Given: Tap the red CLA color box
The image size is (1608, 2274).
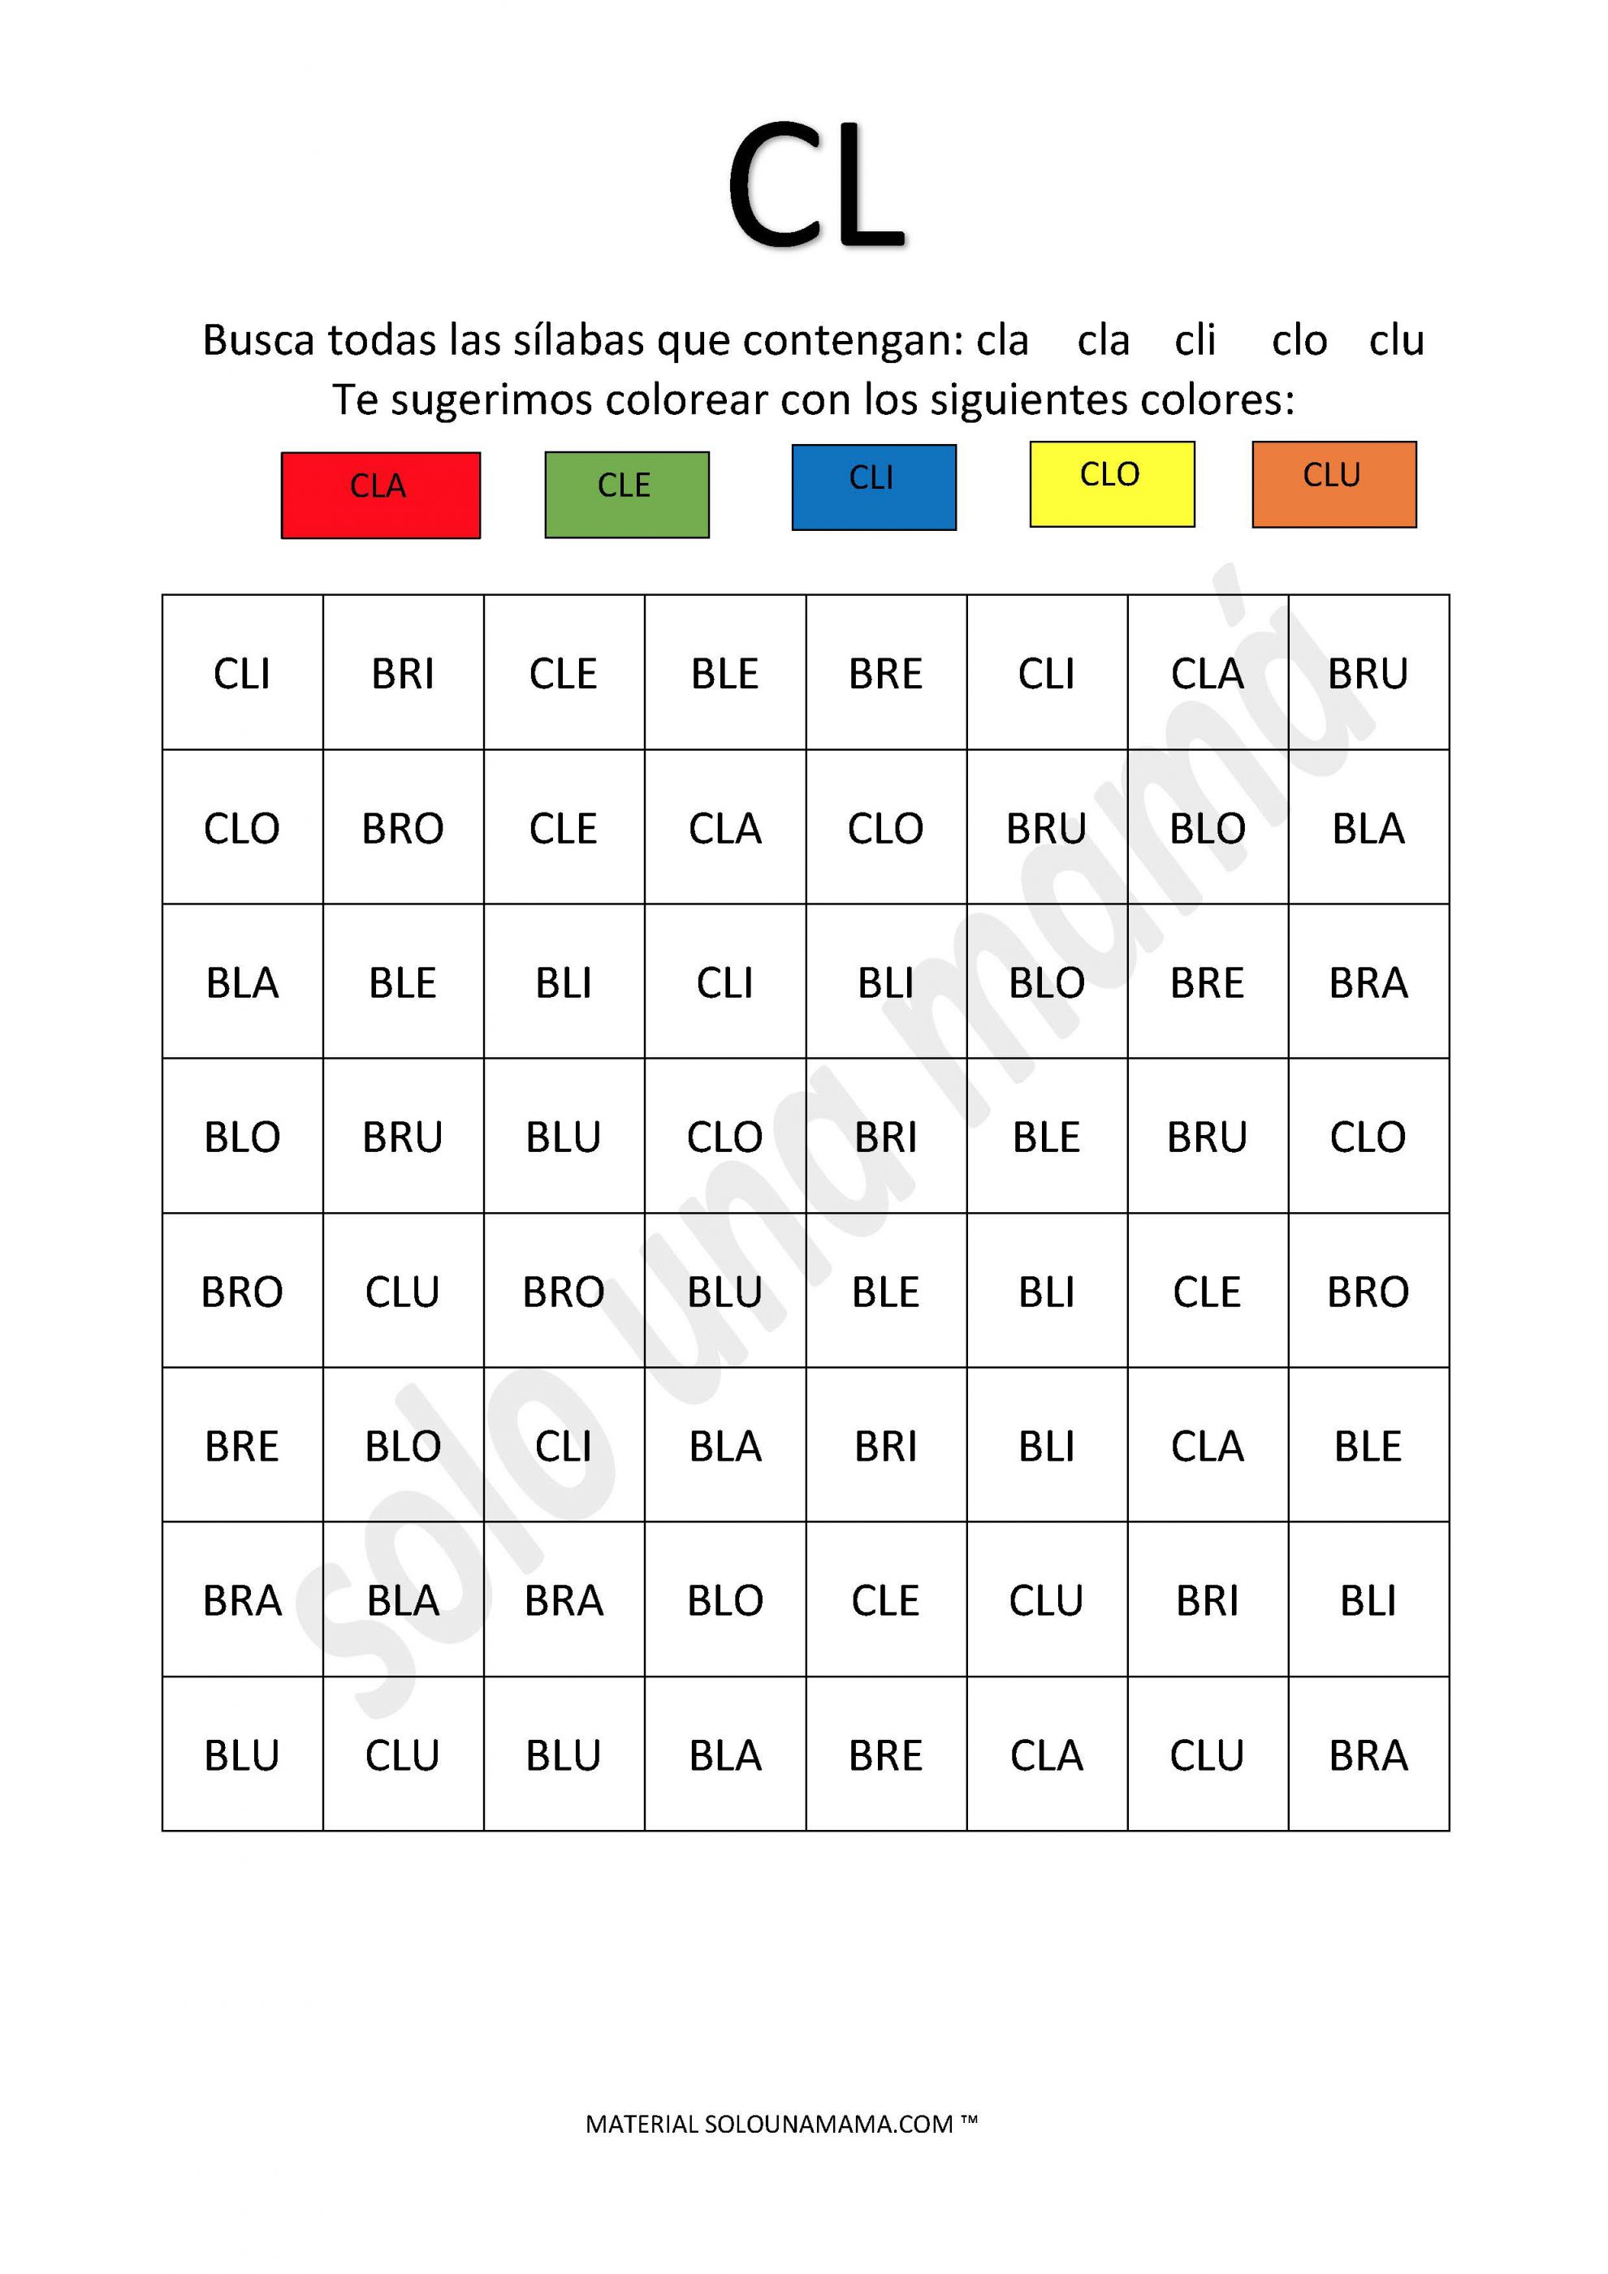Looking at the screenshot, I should click(380, 495).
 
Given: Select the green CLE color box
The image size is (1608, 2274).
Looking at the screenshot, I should click(626, 494).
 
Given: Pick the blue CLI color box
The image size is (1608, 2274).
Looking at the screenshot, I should click(873, 487).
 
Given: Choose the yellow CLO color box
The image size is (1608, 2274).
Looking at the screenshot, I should click(1112, 485).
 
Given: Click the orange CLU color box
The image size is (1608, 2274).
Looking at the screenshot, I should click(1334, 485).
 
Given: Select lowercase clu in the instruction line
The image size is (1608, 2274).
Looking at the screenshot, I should click(1396, 339).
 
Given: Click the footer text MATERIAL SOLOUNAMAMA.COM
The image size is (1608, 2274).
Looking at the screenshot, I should click(780, 2124).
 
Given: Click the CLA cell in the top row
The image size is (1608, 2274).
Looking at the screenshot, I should click(1207, 674).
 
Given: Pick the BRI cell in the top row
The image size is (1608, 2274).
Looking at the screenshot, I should click(402, 674).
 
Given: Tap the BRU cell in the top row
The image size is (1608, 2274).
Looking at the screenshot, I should click(1368, 674).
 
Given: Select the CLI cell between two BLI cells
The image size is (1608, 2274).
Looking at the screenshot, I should click(724, 982).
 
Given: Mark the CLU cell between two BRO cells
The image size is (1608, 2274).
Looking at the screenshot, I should click(402, 1292).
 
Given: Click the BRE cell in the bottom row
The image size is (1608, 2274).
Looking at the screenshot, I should click(884, 1755).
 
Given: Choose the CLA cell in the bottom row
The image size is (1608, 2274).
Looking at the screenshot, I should click(1046, 1755).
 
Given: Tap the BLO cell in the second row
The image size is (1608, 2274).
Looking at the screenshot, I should click(1207, 828).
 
